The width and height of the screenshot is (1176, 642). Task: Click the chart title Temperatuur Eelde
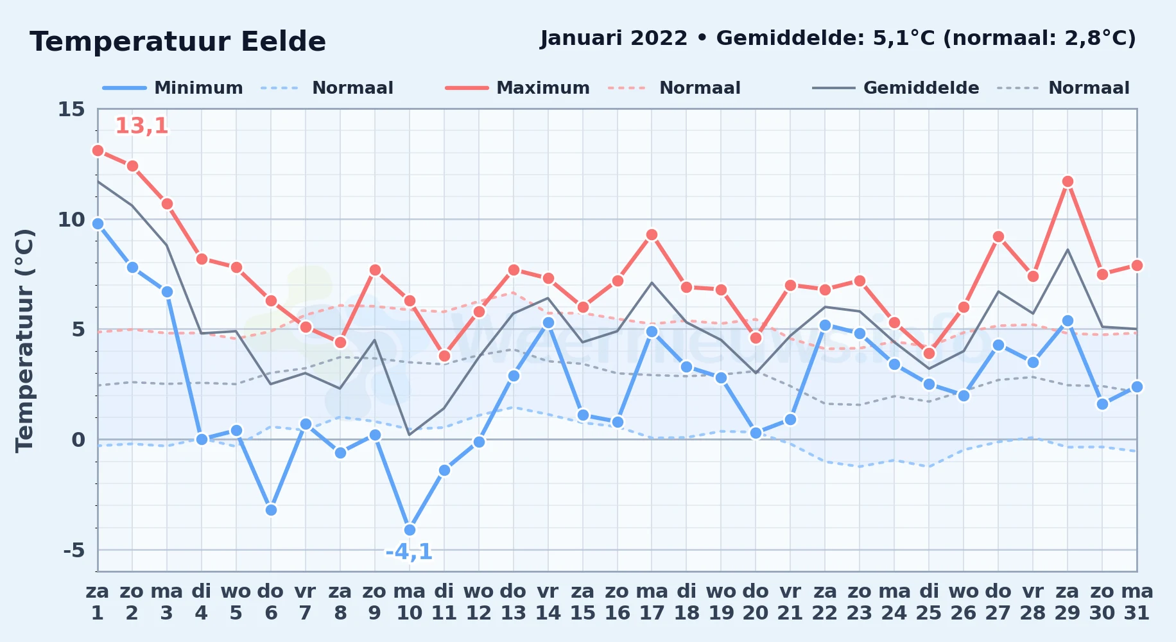(x=178, y=42)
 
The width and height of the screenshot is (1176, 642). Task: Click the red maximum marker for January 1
(x=98, y=150)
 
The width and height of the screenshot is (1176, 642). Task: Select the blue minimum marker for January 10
(x=410, y=530)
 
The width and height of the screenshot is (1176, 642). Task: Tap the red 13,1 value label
(x=142, y=126)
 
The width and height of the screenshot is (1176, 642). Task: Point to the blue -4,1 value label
(x=409, y=551)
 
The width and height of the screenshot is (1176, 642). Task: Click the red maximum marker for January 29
(x=1068, y=182)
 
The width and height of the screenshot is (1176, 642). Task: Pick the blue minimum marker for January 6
(x=271, y=510)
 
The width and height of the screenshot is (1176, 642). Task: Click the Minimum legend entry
(x=173, y=88)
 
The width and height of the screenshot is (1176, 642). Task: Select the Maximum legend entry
(x=517, y=88)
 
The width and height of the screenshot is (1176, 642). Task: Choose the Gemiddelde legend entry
(x=896, y=88)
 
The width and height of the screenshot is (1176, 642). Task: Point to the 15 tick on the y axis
(x=71, y=109)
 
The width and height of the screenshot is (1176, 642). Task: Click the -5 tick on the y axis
(x=74, y=550)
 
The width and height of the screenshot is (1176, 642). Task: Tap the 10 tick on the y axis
(x=71, y=220)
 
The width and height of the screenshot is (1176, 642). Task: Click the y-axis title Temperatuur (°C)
(x=24, y=340)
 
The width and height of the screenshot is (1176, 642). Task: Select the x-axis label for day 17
(x=652, y=602)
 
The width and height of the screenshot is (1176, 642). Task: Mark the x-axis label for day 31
(x=1137, y=602)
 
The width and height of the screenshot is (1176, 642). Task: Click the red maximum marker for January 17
(x=652, y=234)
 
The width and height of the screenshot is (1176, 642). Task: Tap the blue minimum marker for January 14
(x=548, y=322)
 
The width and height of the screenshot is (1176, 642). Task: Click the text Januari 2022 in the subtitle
(x=614, y=38)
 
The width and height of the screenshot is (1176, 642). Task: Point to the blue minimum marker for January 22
(x=825, y=325)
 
